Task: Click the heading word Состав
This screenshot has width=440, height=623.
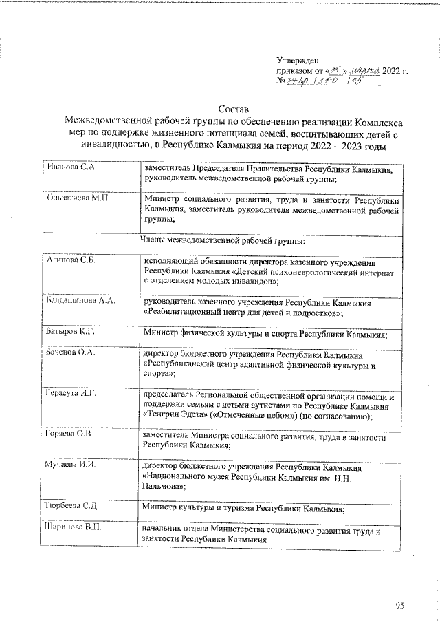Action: [x=232, y=109]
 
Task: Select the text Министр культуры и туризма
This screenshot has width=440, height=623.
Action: [x=199, y=509]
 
